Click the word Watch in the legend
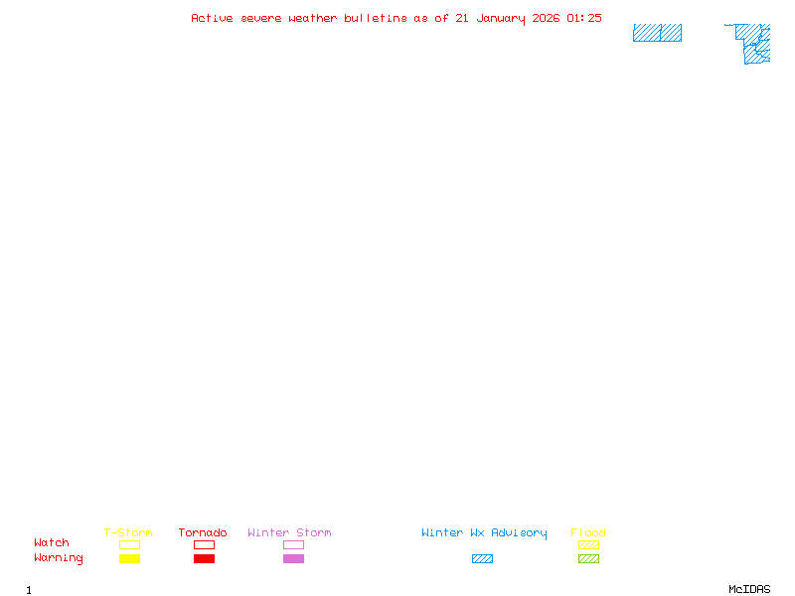(52, 543)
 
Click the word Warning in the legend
(59, 558)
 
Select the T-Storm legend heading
(128, 533)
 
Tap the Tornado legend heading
(203, 533)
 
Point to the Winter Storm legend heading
(289, 533)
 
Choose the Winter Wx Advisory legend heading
(484, 533)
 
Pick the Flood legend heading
(588, 533)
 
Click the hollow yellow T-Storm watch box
(129, 544)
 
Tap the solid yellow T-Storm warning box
(129, 559)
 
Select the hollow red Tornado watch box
(204, 544)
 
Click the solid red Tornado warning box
(204, 559)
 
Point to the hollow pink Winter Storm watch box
(293, 544)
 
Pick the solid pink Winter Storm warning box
(293, 559)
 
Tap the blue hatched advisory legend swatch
(482, 559)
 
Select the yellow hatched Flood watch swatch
(588, 544)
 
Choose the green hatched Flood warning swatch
(588, 559)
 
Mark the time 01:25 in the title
(584, 18)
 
